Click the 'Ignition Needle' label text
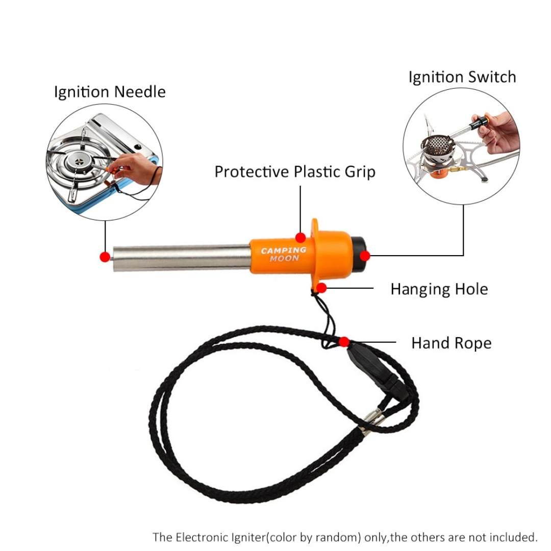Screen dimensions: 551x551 (x=110, y=92)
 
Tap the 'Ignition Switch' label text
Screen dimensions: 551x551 (x=462, y=78)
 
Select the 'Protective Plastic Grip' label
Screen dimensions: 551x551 (x=294, y=172)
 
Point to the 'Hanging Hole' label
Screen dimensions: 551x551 (x=439, y=289)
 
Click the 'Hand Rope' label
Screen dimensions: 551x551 (x=451, y=343)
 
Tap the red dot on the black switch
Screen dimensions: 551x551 (x=364, y=255)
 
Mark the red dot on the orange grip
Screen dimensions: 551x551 (x=301, y=237)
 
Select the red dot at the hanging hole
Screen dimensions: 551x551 (x=321, y=288)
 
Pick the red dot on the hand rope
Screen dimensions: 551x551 (x=344, y=341)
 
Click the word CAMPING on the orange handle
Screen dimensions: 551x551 (x=283, y=251)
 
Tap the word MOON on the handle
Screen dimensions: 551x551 (x=285, y=259)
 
